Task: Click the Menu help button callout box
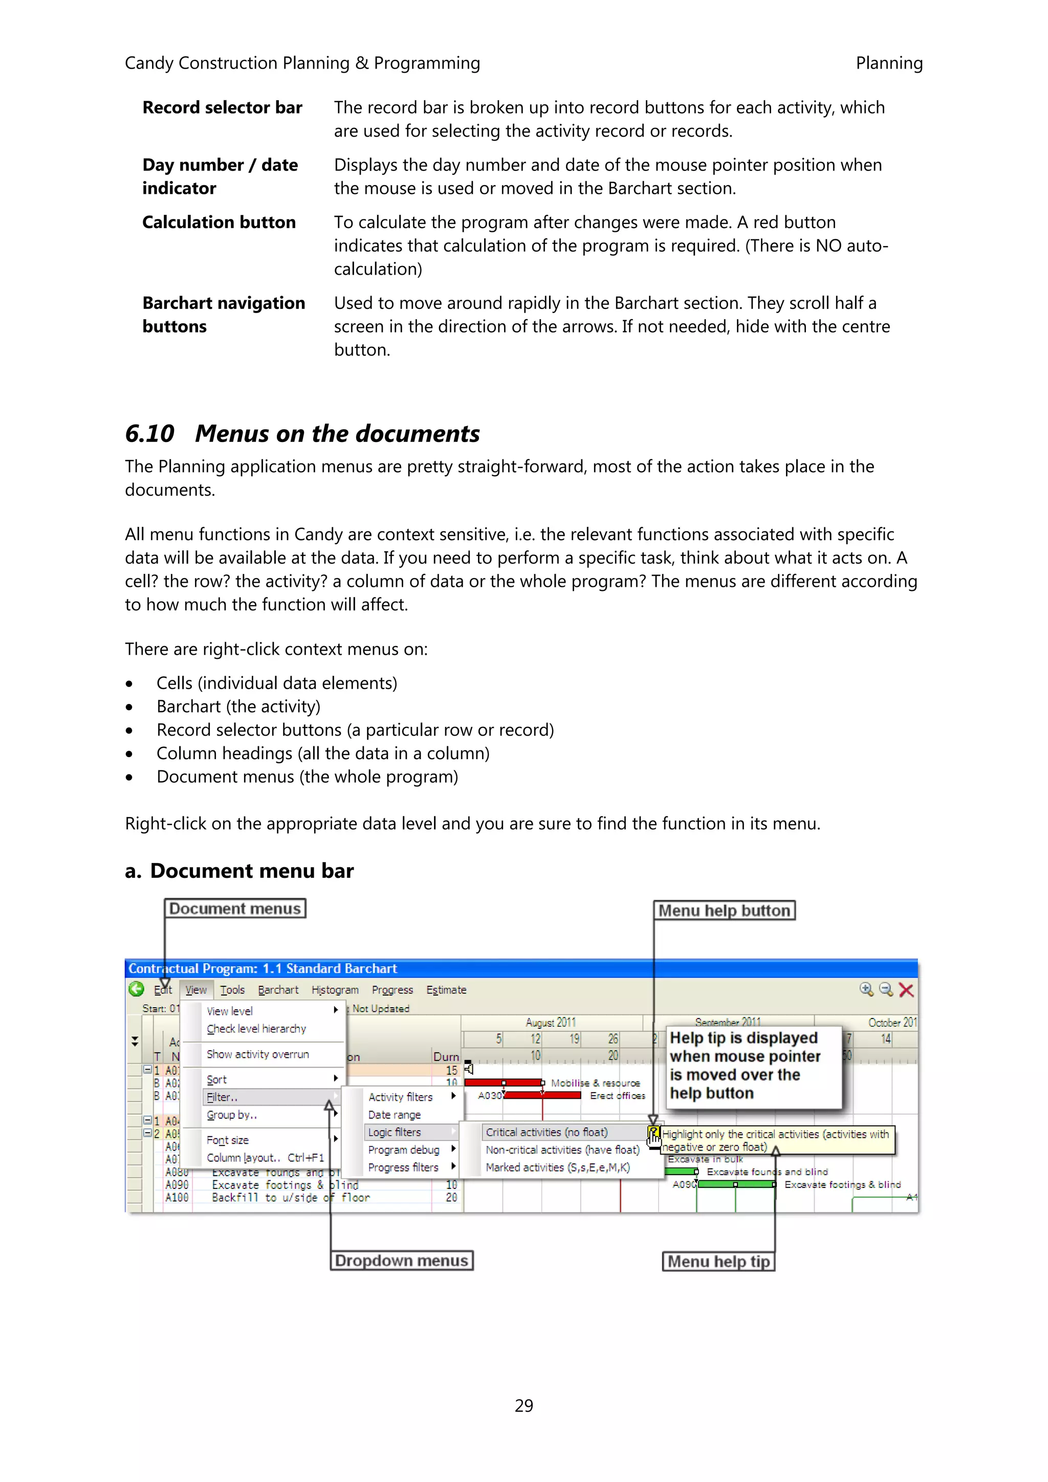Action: pyautogui.click(x=724, y=910)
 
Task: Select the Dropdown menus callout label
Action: pyautogui.click(x=401, y=1260)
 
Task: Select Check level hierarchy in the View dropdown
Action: pyautogui.click(x=256, y=1029)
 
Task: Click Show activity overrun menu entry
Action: pyautogui.click(x=257, y=1054)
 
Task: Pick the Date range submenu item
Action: pyautogui.click(x=394, y=1115)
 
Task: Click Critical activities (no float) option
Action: pyautogui.click(x=547, y=1132)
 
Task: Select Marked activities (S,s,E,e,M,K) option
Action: pyautogui.click(x=557, y=1167)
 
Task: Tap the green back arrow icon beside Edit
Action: pyautogui.click(x=136, y=989)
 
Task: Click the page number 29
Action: pyautogui.click(x=523, y=1405)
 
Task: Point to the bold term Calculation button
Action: pyautogui.click(x=219, y=222)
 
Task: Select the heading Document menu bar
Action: pyautogui.click(x=251, y=871)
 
